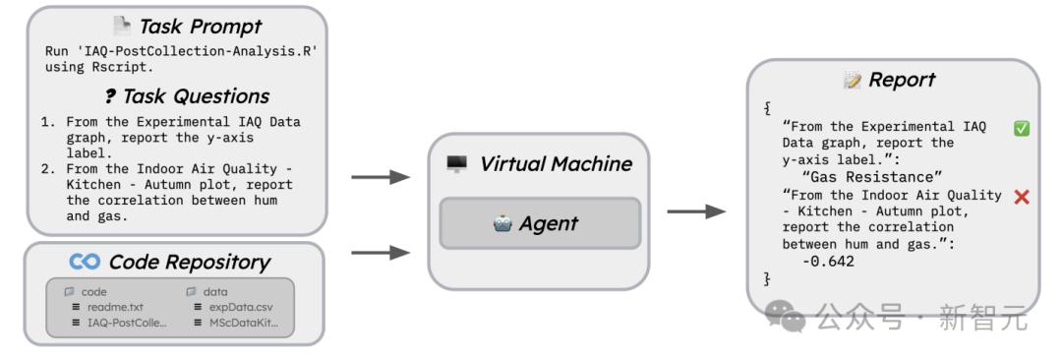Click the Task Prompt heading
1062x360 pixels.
click(200, 28)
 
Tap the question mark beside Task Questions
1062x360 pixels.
click(110, 97)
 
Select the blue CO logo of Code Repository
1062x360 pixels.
click(85, 262)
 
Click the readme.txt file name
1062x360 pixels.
click(115, 307)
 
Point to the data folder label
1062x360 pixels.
click(215, 292)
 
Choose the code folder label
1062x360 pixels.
click(94, 292)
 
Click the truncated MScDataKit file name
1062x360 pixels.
click(243, 323)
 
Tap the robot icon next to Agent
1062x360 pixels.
click(502, 223)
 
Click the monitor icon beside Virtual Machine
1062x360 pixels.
click(457, 163)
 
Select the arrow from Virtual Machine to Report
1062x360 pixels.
click(696, 212)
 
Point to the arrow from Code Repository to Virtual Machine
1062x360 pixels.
click(381, 253)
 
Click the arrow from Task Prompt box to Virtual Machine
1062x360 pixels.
click(381, 178)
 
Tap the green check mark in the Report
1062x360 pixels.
click(1022, 128)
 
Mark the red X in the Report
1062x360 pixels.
click(1022, 198)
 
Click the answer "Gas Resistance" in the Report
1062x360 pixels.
click(871, 177)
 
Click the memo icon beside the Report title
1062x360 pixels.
click(852, 81)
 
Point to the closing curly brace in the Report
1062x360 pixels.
click(767, 278)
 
